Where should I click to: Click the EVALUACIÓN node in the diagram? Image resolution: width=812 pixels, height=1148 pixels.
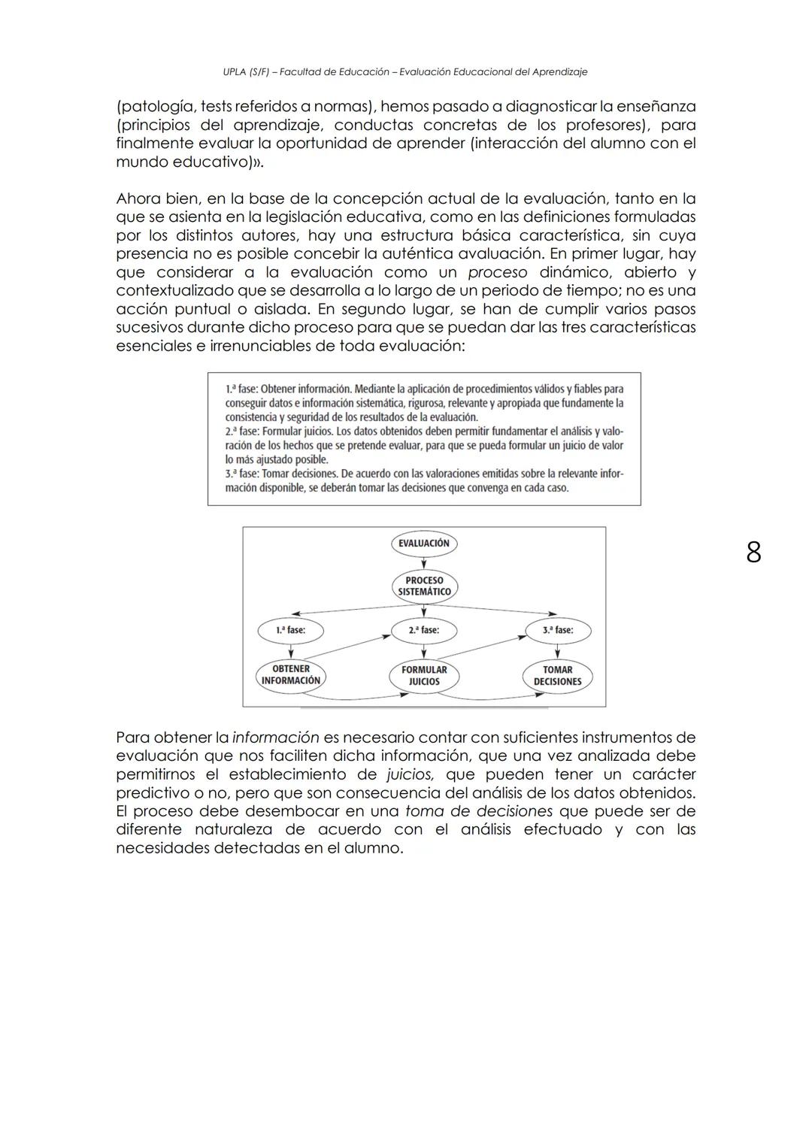424,544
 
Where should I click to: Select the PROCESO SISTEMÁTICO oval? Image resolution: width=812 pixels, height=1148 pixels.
424,586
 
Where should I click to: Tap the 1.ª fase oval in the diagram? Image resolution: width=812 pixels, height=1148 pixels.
290,630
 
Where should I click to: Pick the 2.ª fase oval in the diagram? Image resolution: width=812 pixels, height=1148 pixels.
424,630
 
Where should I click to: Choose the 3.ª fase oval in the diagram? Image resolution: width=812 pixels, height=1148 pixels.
558,630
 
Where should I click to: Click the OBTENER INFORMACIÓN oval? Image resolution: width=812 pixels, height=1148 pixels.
290,674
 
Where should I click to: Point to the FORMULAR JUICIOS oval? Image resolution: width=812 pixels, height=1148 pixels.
424,675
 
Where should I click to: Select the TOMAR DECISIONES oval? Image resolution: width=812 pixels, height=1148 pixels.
558,675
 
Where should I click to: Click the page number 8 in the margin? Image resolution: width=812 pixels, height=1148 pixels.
753,553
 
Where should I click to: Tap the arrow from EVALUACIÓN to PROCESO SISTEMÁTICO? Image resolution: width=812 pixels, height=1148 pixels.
424,563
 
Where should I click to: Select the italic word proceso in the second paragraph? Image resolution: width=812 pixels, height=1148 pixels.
497,272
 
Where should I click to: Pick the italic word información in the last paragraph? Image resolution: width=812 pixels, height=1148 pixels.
275,738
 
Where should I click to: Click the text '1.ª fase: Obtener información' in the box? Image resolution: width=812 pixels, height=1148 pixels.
289,389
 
